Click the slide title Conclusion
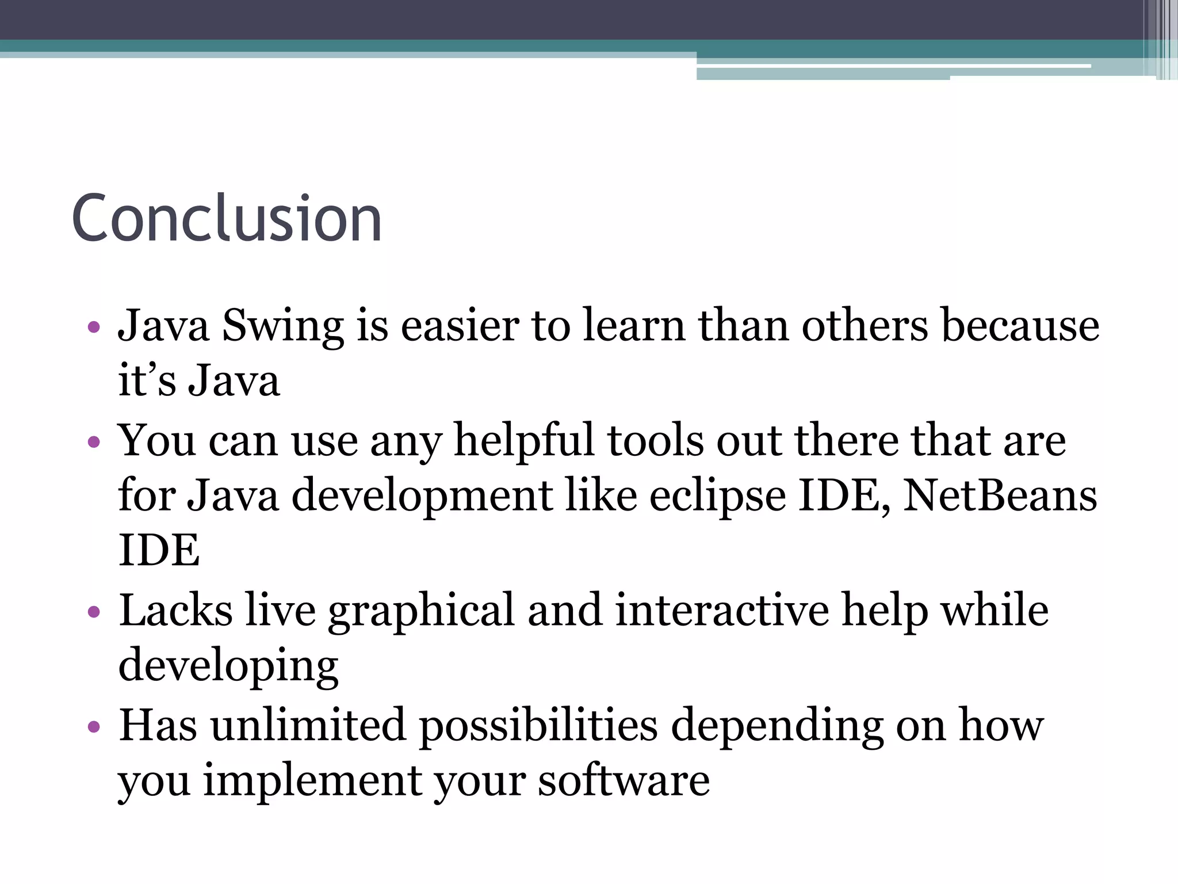pyautogui.click(x=227, y=219)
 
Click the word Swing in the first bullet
pyautogui.click(x=282, y=326)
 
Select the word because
pyautogui.click(x=1020, y=326)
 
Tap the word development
pyautogui.click(x=422, y=496)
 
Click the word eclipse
pyautogui.click(x=717, y=496)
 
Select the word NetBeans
pyautogui.click(x=1000, y=496)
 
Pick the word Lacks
pyautogui.click(x=175, y=610)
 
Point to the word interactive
pyautogui.click(x=722, y=610)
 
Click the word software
pyautogui.click(x=624, y=780)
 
